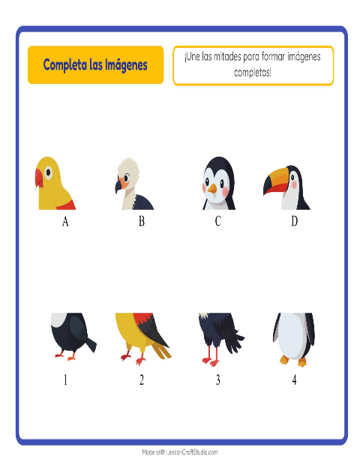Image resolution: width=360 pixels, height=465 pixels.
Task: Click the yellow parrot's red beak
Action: click(39, 178)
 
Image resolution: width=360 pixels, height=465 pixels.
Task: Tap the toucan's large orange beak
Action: click(275, 181)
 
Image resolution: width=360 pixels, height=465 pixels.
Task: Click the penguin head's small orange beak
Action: click(212, 188)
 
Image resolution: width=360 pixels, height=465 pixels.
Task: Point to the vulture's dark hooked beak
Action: click(118, 186)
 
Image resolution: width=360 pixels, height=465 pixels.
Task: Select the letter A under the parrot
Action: click(65, 221)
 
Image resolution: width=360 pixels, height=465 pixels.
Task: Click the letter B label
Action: click(142, 221)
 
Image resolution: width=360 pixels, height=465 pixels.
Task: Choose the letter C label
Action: click(218, 221)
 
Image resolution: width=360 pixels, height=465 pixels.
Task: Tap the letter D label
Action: click(294, 221)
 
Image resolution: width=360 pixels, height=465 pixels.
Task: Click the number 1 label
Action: click(65, 379)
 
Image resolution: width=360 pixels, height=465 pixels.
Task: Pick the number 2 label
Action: click(142, 379)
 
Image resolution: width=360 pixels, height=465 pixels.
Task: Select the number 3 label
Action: click(218, 379)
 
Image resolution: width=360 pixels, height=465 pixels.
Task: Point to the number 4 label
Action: click(294, 379)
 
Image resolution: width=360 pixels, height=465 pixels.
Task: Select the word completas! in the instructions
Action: click(253, 72)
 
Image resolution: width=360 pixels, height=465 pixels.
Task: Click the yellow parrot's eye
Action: click(48, 172)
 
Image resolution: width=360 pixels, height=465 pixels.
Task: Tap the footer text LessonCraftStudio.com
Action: click(192, 452)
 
